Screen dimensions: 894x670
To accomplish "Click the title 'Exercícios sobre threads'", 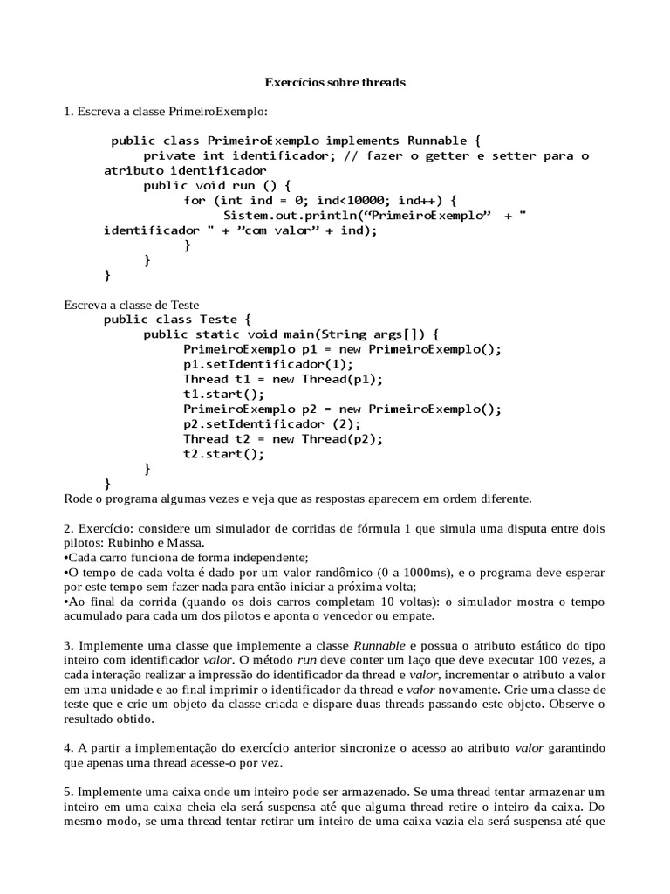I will tap(336, 83).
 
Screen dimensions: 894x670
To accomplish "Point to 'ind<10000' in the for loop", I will tap(359, 200).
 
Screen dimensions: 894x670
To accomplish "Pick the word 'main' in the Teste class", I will tap(292, 334).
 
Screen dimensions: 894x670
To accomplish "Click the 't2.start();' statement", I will tap(223, 453).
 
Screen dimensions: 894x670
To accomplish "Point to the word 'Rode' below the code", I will tap(79, 499).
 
